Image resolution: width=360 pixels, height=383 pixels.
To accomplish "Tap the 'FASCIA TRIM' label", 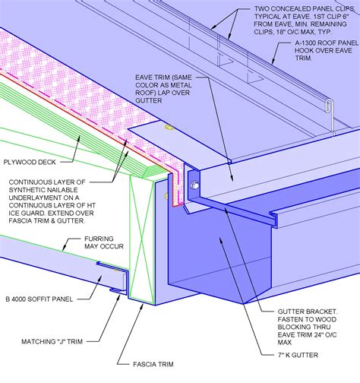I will [174, 363].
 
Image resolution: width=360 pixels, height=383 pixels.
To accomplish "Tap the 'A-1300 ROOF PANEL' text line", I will [319, 44].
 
